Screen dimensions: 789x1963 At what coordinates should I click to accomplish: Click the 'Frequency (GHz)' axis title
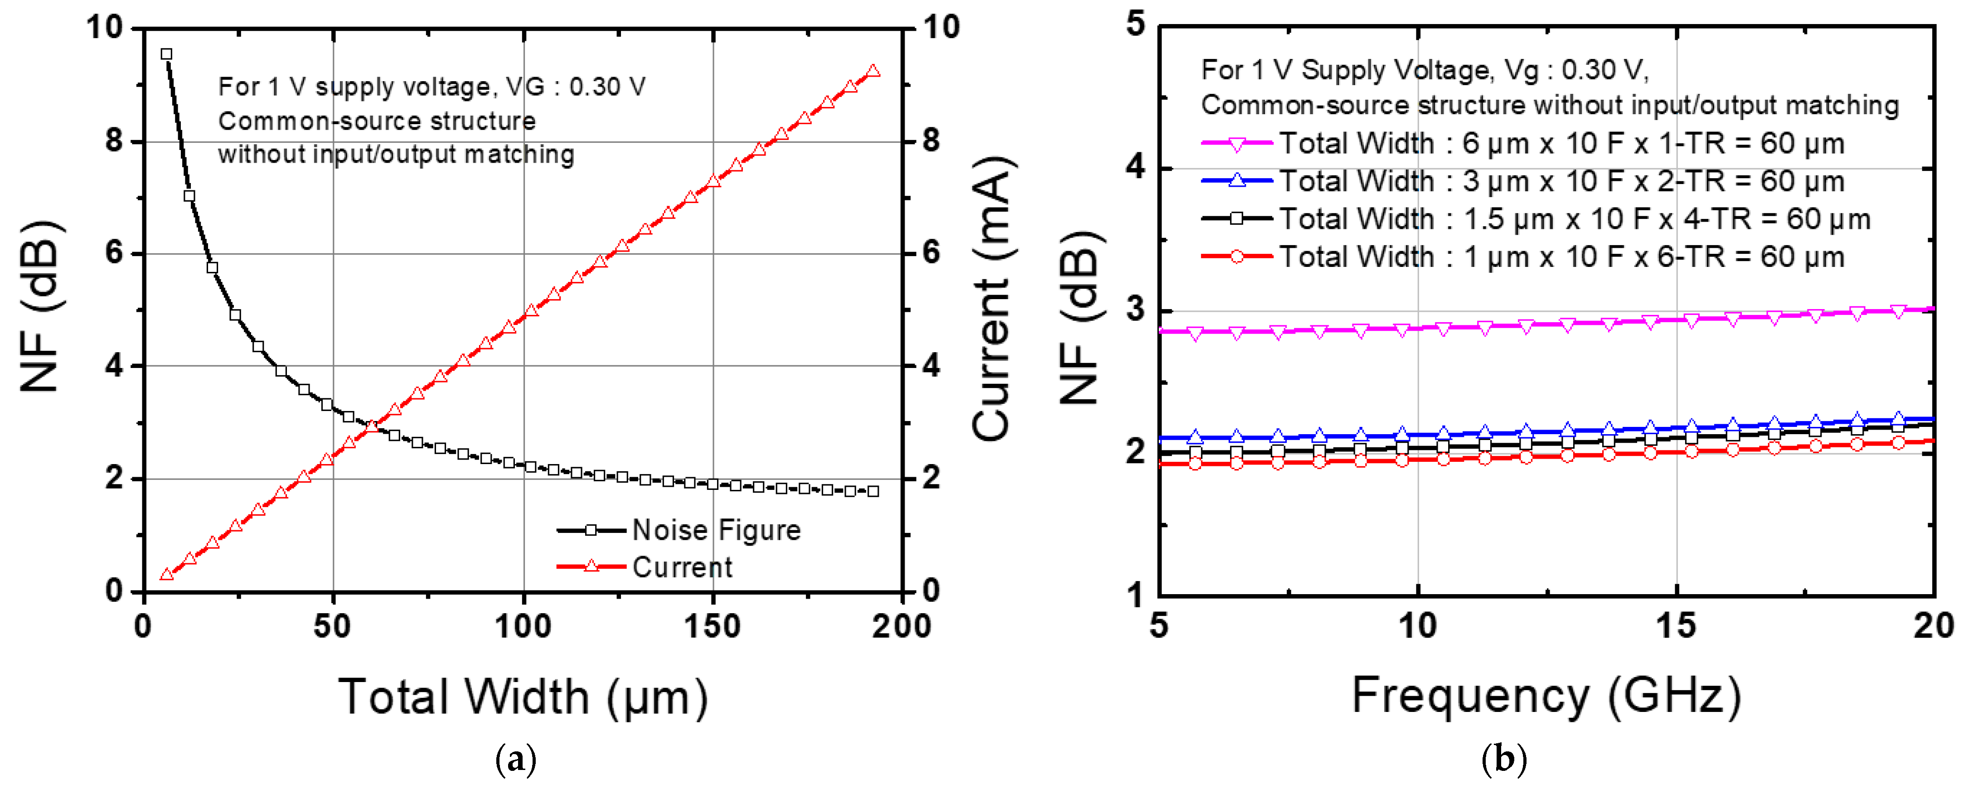pyautogui.click(x=1546, y=695)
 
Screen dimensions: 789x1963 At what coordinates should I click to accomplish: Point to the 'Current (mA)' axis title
pyautogui.click(x=992, y=299)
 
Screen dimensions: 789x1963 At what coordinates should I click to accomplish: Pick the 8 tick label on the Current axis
pyautogui.click(x=931, y=141)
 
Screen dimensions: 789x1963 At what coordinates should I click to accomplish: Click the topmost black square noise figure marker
pyautogui.click(x=166, y=54)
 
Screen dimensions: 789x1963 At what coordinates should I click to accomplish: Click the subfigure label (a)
pyautogui.click(x=516, y=759)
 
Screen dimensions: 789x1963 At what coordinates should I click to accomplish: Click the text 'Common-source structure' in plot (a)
pyautogui.click(x=377, y=121)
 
